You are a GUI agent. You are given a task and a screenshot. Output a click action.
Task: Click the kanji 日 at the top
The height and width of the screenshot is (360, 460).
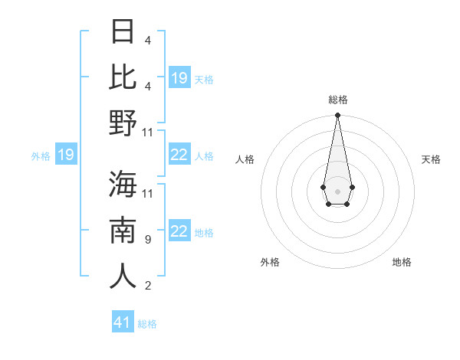pos(123,32)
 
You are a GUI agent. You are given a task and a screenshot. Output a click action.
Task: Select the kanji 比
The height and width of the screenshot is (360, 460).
pos(123,77)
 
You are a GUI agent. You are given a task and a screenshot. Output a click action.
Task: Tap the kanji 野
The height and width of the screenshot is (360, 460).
pos(123,123)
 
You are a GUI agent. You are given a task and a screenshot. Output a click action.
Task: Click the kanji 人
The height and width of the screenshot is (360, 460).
pos(123,276)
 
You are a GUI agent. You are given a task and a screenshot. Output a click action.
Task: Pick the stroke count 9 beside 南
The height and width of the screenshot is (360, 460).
pos(147,240)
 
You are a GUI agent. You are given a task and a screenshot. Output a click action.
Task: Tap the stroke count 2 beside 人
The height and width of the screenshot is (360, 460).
pos(147,286)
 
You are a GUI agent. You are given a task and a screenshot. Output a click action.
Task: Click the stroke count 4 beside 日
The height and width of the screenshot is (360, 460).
pos(147,41)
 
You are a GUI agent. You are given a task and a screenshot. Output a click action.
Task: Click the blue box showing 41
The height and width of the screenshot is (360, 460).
pos(123,322)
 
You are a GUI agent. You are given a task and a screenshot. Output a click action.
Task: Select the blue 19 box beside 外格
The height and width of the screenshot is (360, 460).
pos(65,155)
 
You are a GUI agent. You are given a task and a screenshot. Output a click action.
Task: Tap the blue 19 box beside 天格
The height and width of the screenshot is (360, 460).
pos(179,78)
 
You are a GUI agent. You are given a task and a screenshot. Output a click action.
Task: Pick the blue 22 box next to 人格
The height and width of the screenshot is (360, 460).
pos(179,155)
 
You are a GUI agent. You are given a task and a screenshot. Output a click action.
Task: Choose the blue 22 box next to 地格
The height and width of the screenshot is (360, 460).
pos(179,231)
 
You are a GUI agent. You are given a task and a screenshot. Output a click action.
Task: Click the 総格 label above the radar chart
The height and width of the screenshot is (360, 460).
pos(337,100)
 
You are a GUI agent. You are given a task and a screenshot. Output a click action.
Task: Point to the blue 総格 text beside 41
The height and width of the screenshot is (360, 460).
pos(147,324)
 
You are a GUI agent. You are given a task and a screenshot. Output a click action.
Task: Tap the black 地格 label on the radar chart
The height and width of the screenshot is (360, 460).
pos(402,262)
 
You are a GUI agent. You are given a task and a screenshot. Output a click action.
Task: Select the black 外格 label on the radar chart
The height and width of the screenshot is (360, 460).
pos(270,262)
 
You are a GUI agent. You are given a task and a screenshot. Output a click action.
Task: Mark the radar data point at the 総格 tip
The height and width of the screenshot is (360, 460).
pos(337,116)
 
